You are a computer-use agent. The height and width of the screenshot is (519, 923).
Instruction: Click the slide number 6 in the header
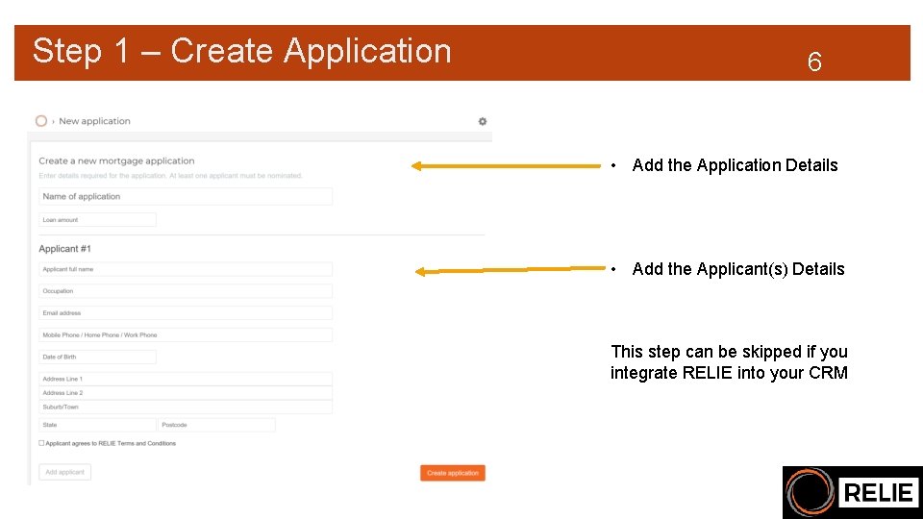(x=814, y=63)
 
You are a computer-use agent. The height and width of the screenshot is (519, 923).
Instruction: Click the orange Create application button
(x=452, y=473)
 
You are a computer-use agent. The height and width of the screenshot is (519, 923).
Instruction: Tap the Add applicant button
(x=65, y=472)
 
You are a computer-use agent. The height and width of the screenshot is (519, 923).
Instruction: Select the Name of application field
(x=186, y=197)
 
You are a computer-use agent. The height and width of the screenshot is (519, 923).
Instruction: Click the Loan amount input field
(x=97, y=220)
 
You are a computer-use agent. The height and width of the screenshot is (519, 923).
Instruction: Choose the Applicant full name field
(x=186, y=269)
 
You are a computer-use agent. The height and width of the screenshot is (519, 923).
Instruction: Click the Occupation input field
(x=186, y=291)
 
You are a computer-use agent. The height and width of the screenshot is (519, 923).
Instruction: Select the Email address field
(x=186, y=313)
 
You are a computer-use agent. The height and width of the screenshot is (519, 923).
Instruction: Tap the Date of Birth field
(x=97, y=357)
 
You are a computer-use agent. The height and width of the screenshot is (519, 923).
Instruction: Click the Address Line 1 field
(x=186, y=379)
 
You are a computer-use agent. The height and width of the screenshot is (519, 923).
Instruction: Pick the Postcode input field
(x=217, y=425)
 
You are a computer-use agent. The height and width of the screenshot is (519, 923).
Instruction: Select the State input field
(x=97, y=425)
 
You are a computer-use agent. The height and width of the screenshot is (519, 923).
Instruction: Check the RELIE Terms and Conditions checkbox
(x=41, y=443)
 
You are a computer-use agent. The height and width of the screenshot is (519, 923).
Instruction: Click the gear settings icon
(x=483, y=121)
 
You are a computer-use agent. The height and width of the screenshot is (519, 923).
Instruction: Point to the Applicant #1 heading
(x=65, y=249)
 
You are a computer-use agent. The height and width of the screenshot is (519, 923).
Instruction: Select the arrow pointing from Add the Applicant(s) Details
(x=510, y=271)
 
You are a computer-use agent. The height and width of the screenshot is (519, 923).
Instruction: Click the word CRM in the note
(x=828, y=373)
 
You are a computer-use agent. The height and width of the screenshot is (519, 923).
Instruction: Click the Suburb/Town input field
(x=186, y=407)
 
